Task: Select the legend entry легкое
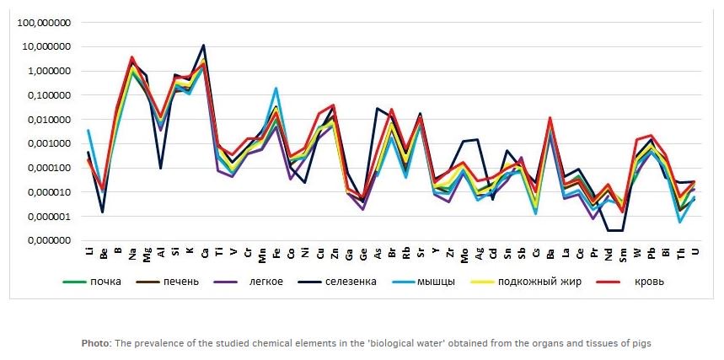point(262,282)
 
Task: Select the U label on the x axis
point(695,250)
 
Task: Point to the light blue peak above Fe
point(276,89)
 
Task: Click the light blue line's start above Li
point(88,131)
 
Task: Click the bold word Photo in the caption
point(94,343)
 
